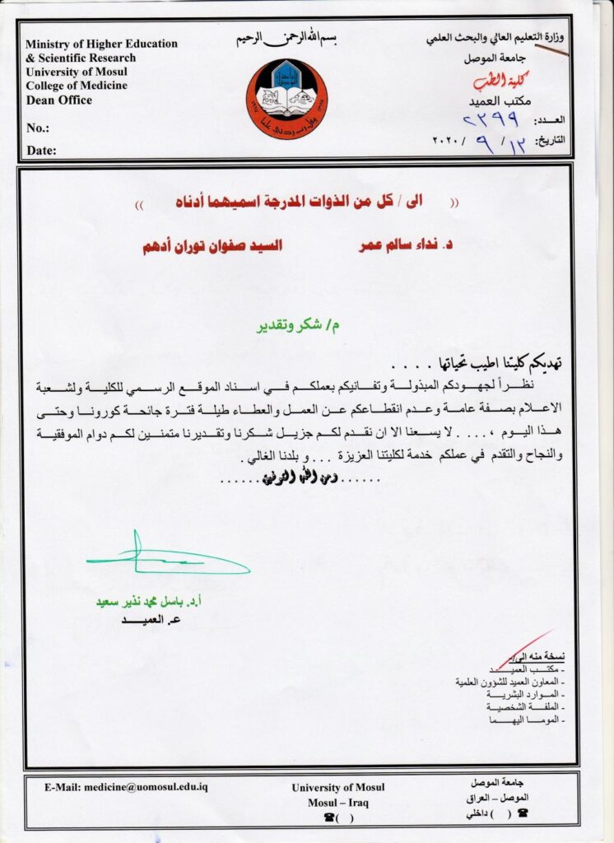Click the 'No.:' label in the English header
point(38,128)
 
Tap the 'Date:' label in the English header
point(41,151)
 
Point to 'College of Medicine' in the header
point(75,86)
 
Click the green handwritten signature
point(165,560)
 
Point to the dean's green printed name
point(152,603)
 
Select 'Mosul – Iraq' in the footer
point(337,802)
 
